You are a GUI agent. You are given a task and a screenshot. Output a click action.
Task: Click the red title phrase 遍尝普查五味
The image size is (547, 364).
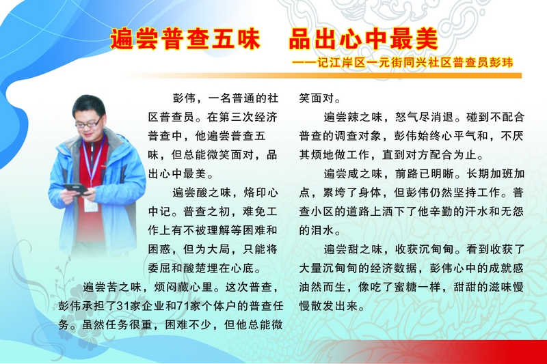185,39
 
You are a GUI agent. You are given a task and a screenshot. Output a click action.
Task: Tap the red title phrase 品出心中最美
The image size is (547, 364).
363,39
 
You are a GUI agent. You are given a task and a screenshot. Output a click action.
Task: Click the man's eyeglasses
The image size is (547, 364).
89,123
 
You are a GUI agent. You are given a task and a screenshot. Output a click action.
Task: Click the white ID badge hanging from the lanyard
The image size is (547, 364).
92,206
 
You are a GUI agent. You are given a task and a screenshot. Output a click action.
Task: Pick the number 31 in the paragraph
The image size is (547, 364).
123,306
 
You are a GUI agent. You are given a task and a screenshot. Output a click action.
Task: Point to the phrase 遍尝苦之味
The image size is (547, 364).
112,287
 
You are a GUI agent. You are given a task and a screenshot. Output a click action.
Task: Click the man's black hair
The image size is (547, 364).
89,104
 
